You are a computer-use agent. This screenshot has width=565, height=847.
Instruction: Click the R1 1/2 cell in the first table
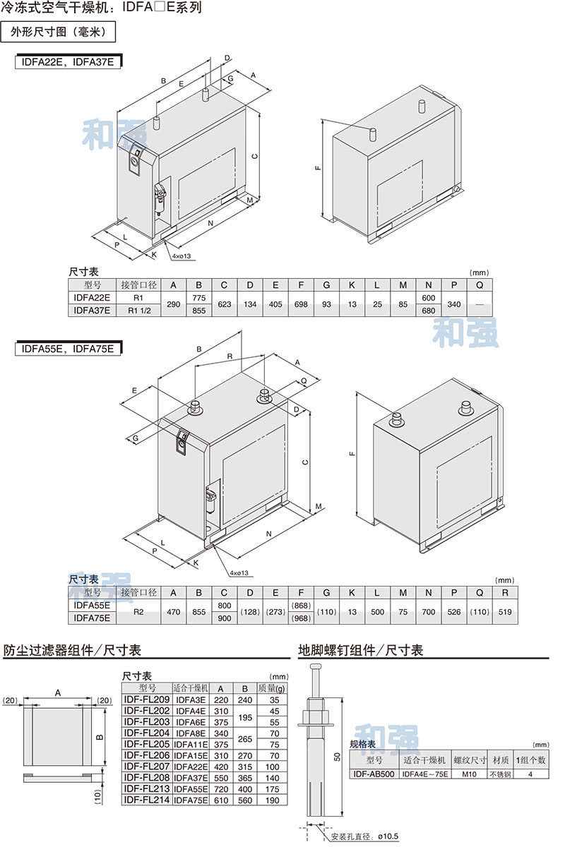click(x=138, y=310)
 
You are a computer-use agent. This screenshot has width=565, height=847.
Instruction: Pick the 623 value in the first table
click(x=224, y=304)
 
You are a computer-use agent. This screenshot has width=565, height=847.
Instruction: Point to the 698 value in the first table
click(x=301, y=304)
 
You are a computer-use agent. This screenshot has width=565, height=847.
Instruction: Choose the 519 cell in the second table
click(x=505, y=612)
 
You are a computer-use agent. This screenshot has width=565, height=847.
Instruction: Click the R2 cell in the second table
click(x=138, y=612)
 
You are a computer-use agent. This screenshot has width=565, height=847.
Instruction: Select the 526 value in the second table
click(x=454, y=612)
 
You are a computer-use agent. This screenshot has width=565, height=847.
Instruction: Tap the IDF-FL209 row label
click(x=147, y=699)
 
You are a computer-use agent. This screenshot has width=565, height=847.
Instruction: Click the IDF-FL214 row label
click(x=147, y=800)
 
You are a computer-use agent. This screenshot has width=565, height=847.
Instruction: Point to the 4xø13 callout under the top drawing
click(x=182, y=256)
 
